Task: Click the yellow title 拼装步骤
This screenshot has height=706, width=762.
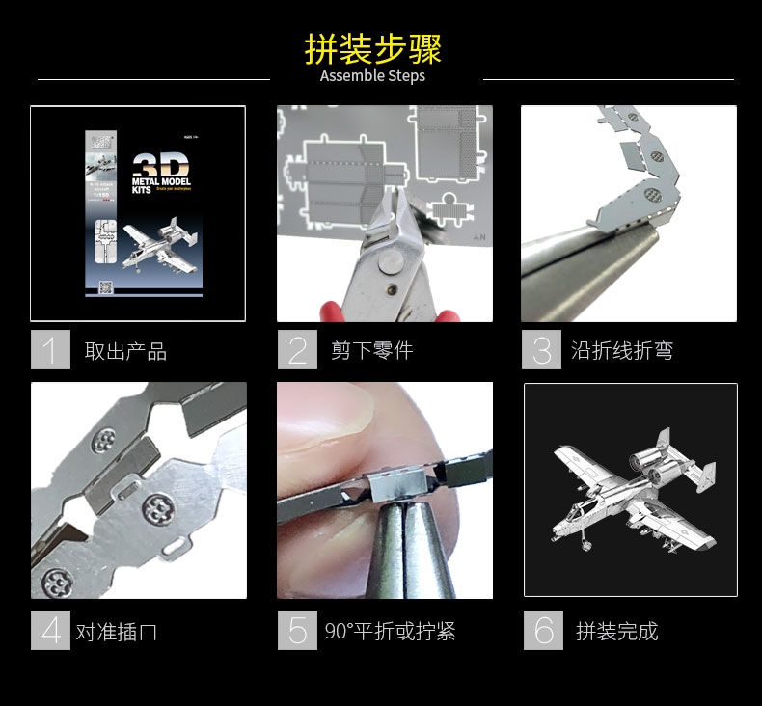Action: tap(372, 48)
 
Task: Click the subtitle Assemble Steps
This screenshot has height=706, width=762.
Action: tap(372, 76)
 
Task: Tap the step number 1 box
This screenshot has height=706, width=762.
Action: tap(50, 349)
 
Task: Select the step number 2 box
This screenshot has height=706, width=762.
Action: tap(297, 349)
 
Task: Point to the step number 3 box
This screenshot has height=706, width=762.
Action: tap(541, 349)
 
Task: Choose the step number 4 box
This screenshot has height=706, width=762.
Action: tap(50, 630)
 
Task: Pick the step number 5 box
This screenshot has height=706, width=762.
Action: tap(297, 630)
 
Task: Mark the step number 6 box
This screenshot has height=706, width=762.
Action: tap(543, 630)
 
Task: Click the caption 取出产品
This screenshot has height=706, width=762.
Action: tap(125, 351)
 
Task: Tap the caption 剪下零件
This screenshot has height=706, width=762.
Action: tap(371, 351)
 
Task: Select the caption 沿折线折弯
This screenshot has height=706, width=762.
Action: tap(622, 351)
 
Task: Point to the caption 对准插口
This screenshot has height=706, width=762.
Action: tap(117, 633)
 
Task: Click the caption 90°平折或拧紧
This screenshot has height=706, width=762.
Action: tap(390, 633)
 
